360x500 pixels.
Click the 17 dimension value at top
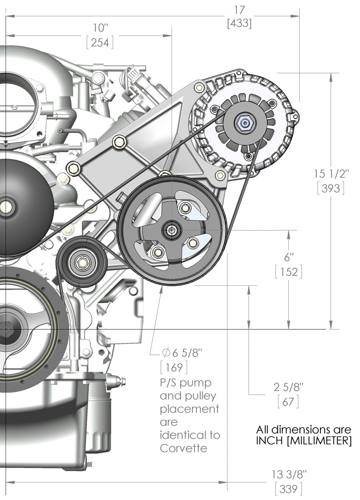[x=240, y=9]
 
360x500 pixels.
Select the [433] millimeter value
[x=239, y=23]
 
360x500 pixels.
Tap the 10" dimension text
[x=100, y=28]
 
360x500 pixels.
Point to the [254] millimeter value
[x=100, y=42]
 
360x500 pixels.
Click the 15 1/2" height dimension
[x=332, y=174]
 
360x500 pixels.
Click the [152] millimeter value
[x=288, y=272]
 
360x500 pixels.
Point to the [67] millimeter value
[x=288, y=402]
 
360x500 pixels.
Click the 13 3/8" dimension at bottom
[x=289, y=474]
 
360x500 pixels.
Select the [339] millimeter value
[x=288, y=488]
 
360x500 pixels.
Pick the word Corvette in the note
[x=184, y=448]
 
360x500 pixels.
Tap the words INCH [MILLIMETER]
[x=304, y=441]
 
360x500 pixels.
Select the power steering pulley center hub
[x=172, y=230]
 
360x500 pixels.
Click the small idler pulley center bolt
[x=82, y=263]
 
